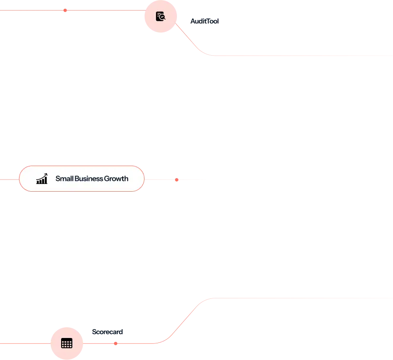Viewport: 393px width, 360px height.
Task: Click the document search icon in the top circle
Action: [160, 17]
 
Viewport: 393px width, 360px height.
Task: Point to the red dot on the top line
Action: [65, 11]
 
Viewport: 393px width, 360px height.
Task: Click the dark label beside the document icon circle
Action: [203, 22]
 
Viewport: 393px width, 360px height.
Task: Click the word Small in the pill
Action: [64, 179]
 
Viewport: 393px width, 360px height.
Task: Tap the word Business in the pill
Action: [88, 179]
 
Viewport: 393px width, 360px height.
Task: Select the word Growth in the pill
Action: [116, 179]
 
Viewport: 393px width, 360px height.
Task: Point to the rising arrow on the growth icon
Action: [43, 176]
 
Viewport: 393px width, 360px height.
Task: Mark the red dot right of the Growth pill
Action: [177, 180]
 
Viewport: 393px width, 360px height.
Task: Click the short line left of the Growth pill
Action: [9, 179]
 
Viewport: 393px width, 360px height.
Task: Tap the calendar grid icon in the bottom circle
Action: [66, 343]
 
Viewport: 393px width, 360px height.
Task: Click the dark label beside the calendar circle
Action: [108, 332]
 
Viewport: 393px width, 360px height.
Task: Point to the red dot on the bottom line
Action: [115, 345]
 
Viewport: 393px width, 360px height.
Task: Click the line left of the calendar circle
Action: [24, 343]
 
